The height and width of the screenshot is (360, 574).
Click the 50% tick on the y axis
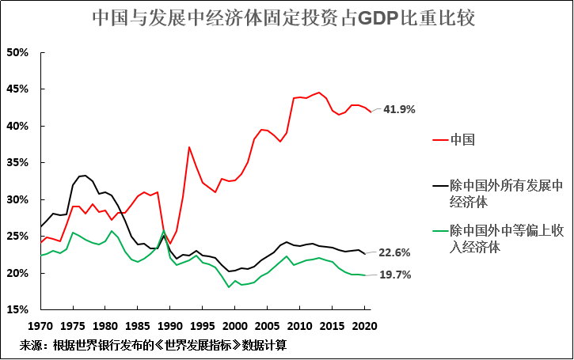[x=17, y=53]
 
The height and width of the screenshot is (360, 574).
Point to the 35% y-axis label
[x=17, y=163]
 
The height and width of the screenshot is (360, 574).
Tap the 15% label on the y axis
[x=17, y=309]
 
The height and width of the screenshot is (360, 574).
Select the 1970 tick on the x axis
[x=40, y=325]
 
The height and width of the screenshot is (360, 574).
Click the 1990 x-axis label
[x=170, y=325]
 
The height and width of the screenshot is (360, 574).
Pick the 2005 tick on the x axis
[x=268, y=325]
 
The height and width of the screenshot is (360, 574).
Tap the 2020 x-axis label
[x=364, y=325]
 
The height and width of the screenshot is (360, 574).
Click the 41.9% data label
[x=399, y=109]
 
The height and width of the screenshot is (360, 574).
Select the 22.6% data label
[x=394, y=253]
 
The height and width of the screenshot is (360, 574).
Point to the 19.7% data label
[x=394, y=275]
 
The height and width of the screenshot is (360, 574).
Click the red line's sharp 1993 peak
[x=189, y=147]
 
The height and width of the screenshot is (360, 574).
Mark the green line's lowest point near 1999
[x=228, y=286]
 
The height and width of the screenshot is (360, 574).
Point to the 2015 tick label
[x=333, y=325]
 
